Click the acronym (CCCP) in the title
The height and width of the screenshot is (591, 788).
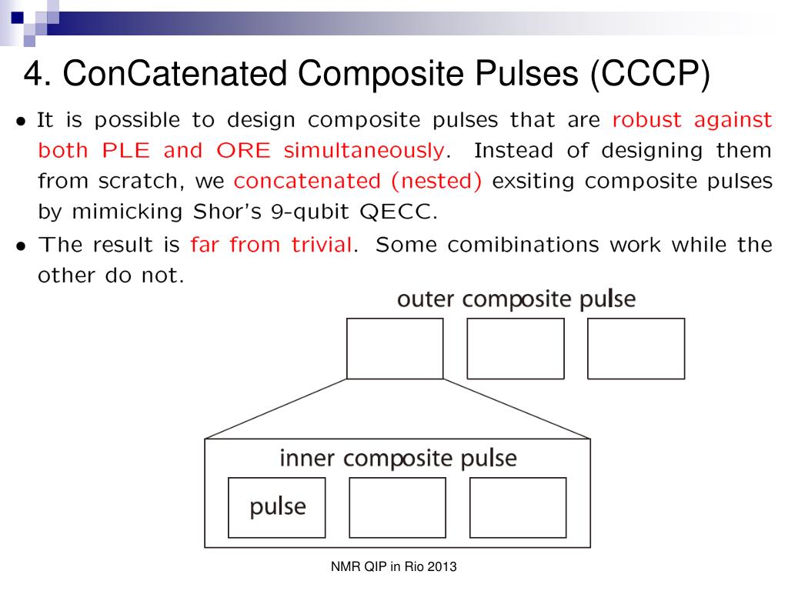pyautogui.click(x=650, y=74)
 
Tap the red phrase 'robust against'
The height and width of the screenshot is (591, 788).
pyautogui.click(x=692, y=121)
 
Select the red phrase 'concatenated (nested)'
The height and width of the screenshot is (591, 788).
pyautogui.click(x=359, y=182)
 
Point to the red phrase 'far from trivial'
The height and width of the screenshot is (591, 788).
pyautogui.click(x=273, y=245)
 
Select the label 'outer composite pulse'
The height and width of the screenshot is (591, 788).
pyautogui.click(x=516, y=299)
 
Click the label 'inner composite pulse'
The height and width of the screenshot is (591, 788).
pyautogui.click(x=397, y=459)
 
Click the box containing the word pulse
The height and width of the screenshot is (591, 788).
pyautogui.click(x=277, y=507)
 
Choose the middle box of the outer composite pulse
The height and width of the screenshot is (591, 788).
pyautogui.click(x=516, y=349)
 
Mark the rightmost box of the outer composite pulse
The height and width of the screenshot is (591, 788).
pyautogui.click(x=636, y=349)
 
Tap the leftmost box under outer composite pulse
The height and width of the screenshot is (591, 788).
pyautogui.click(x=395, y=349)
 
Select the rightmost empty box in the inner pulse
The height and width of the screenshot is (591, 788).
pyautogui.click(x=518, y=507)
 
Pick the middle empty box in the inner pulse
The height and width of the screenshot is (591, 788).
pyautogui.click(x=397, y=507)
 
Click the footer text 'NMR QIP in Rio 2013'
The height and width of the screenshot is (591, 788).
pyautogui.click(x=394, y=568)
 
